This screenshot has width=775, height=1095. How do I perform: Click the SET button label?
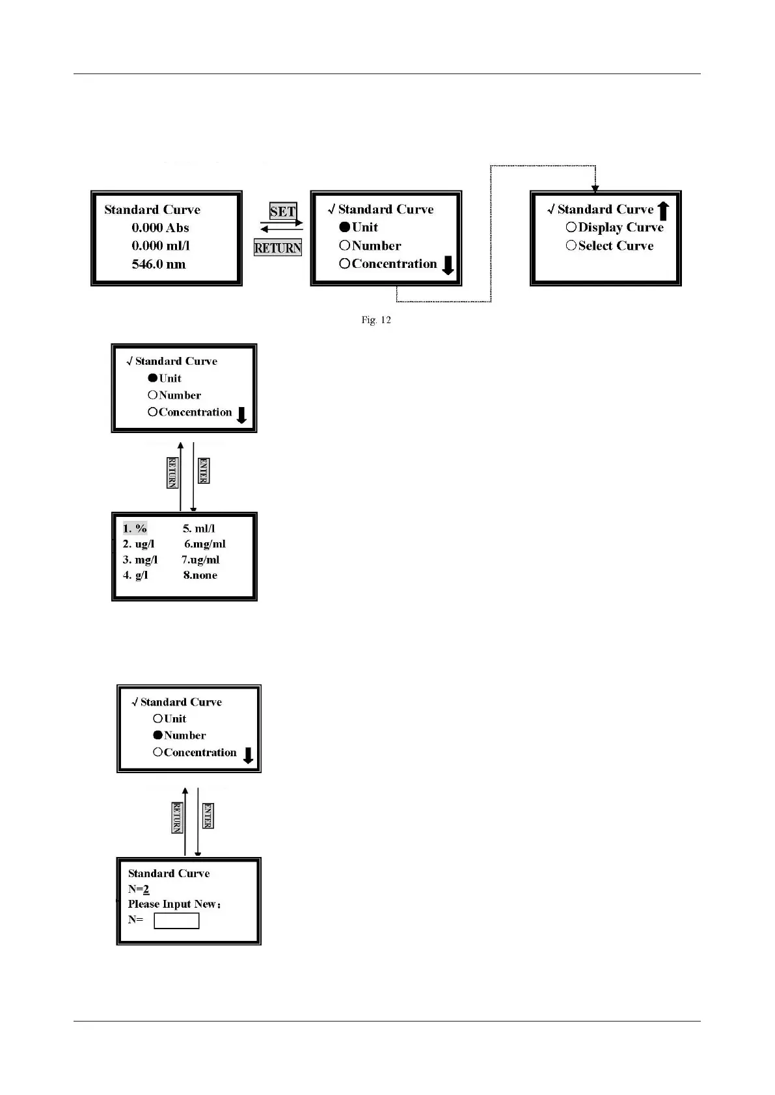point(282,211)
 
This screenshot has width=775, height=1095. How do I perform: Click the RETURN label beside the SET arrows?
point(278,248)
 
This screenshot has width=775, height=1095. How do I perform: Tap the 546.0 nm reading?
point(158,265)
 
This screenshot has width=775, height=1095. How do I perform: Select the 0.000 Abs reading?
point(160,228)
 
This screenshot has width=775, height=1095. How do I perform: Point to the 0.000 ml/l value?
point(160,246)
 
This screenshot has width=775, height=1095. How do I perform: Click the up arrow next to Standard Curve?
point(663,211)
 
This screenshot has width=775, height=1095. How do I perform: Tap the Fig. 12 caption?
point(376,320)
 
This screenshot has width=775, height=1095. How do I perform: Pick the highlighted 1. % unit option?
point(135,529)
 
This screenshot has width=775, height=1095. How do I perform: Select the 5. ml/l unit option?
point(198,529)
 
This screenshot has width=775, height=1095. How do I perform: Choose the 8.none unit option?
point(200,575)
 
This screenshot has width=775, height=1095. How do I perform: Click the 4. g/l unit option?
point(135,575)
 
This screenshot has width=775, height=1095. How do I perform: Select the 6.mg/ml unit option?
point(204,544)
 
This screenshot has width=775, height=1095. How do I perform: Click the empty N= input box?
point(176,921)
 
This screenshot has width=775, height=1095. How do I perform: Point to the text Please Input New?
point(174,904)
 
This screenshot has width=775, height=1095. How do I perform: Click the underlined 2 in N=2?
point(146,890)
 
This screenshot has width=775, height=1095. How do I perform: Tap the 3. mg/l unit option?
point(140,560)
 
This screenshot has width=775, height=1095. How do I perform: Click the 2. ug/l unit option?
point(139,544)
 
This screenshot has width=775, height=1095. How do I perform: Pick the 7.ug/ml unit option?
point(200,560)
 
